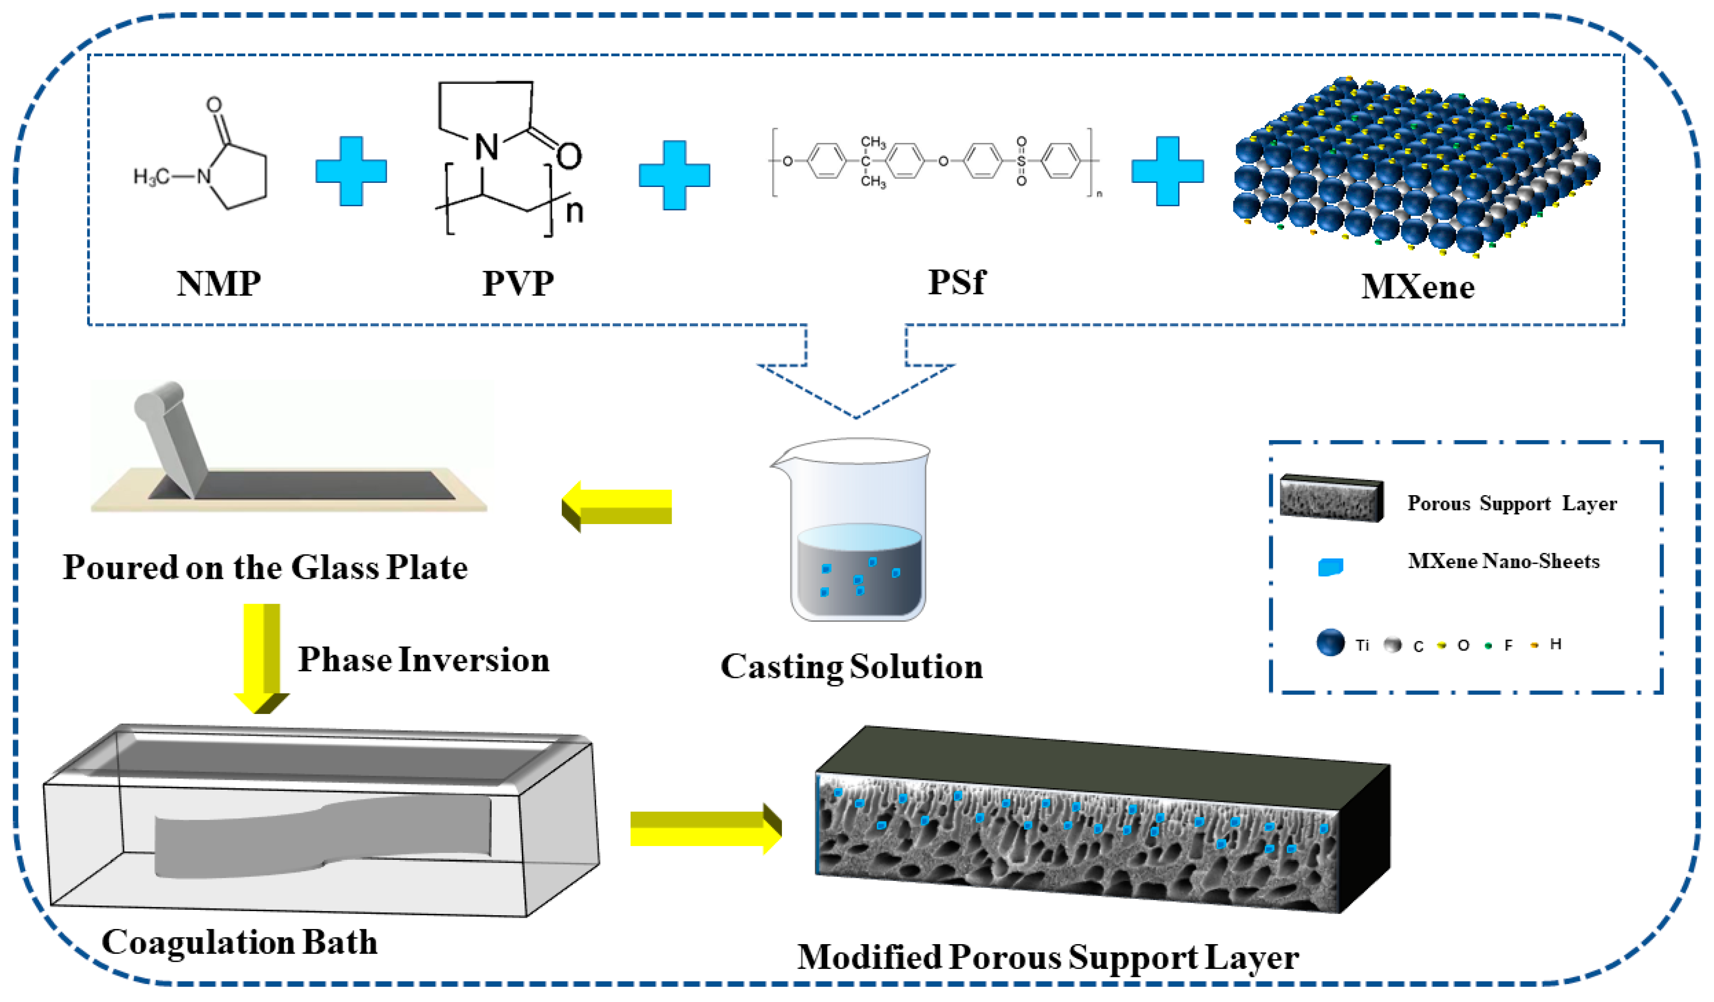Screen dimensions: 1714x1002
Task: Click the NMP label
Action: pos(219,284)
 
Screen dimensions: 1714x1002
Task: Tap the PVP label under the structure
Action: pos(518,284)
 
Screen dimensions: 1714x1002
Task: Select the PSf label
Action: pos(956,282)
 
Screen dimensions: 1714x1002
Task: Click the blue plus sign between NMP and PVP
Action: pos(351,171)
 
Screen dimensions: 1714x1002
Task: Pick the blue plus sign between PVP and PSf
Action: pos(674,175)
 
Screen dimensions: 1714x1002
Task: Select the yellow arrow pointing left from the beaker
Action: pos(616,507)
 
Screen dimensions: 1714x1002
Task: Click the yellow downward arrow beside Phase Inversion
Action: pos(262,658)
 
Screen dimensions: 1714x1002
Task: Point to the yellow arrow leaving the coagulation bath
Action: pos(706,828)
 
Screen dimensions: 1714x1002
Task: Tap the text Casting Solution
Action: pos(852,667)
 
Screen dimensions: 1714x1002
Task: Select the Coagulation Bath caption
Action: pos(239,943)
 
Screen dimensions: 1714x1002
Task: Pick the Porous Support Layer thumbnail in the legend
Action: pos(1331,498)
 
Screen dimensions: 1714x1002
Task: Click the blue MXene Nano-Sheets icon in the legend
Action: pos(1330,567)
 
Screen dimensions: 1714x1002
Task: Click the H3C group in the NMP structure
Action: pos(152,177)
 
